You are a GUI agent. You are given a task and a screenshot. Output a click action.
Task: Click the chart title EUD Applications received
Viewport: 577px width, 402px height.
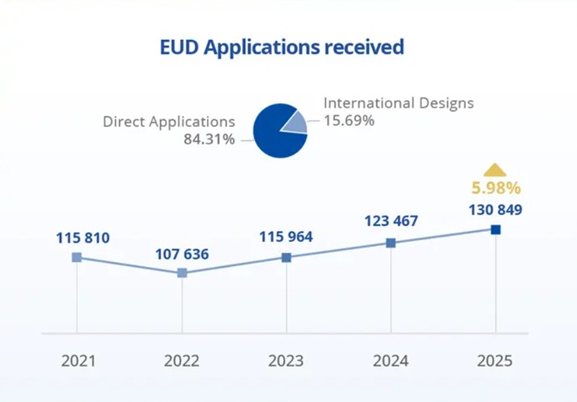(282, 47)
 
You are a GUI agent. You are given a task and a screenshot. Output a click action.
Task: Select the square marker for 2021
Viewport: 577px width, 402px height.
(77, 258)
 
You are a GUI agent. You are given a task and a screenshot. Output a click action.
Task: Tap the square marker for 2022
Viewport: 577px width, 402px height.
(182, 273)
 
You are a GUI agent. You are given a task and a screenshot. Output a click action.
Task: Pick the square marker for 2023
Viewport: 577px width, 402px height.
(286, 258)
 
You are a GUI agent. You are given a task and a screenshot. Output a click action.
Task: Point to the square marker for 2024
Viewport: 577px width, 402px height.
(390, 243)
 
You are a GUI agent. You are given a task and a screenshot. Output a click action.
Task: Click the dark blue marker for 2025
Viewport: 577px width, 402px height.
(495, 229)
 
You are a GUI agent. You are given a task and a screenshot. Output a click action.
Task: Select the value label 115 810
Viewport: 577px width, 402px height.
(83, 239)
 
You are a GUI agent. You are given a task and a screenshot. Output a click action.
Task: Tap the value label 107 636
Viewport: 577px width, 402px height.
(182, 254)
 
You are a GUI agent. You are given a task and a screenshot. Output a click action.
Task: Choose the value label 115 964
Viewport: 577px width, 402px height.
(286, 237)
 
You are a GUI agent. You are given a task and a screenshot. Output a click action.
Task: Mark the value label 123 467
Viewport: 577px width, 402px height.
(391, 221)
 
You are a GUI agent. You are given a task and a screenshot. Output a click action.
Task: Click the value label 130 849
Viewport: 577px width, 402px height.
(495, 209)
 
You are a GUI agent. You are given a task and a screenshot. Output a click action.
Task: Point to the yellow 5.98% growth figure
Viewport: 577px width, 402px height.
(495, 188)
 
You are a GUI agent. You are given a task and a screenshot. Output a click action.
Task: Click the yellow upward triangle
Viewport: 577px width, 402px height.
(495, 169)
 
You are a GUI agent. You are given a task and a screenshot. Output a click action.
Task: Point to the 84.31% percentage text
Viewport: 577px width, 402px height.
(209, 138)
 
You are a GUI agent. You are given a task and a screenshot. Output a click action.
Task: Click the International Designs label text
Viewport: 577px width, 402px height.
(399, 103)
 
